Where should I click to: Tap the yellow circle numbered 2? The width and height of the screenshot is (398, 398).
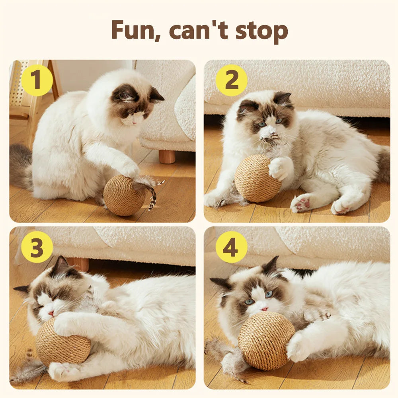pyautogui.click(x=231, y=80)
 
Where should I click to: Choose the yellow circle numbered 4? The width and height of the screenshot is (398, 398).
pyautogui.click(x=231, y=247)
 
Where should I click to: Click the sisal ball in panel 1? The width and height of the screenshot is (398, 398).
pyautogui.click(x=124, y=195)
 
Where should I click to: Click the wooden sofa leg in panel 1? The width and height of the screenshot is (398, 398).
pyautogui.click(x=167, y=156)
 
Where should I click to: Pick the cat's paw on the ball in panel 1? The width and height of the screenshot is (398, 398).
pyautogui.click(x=130, y=169)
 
